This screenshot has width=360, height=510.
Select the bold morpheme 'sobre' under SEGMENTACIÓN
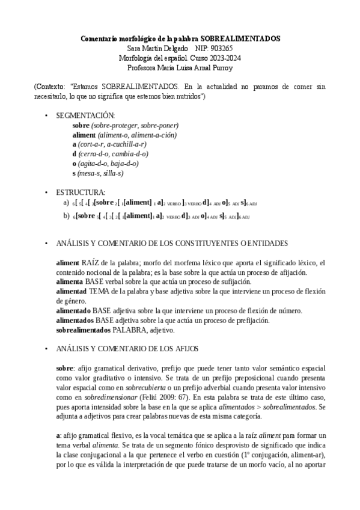pyautogui.click(x=80, y=125)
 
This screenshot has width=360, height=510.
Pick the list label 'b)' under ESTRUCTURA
pyautogui.click(x=66, y=215)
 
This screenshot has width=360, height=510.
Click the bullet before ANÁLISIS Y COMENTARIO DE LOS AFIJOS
pyautogui.click(x=47, y=349)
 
